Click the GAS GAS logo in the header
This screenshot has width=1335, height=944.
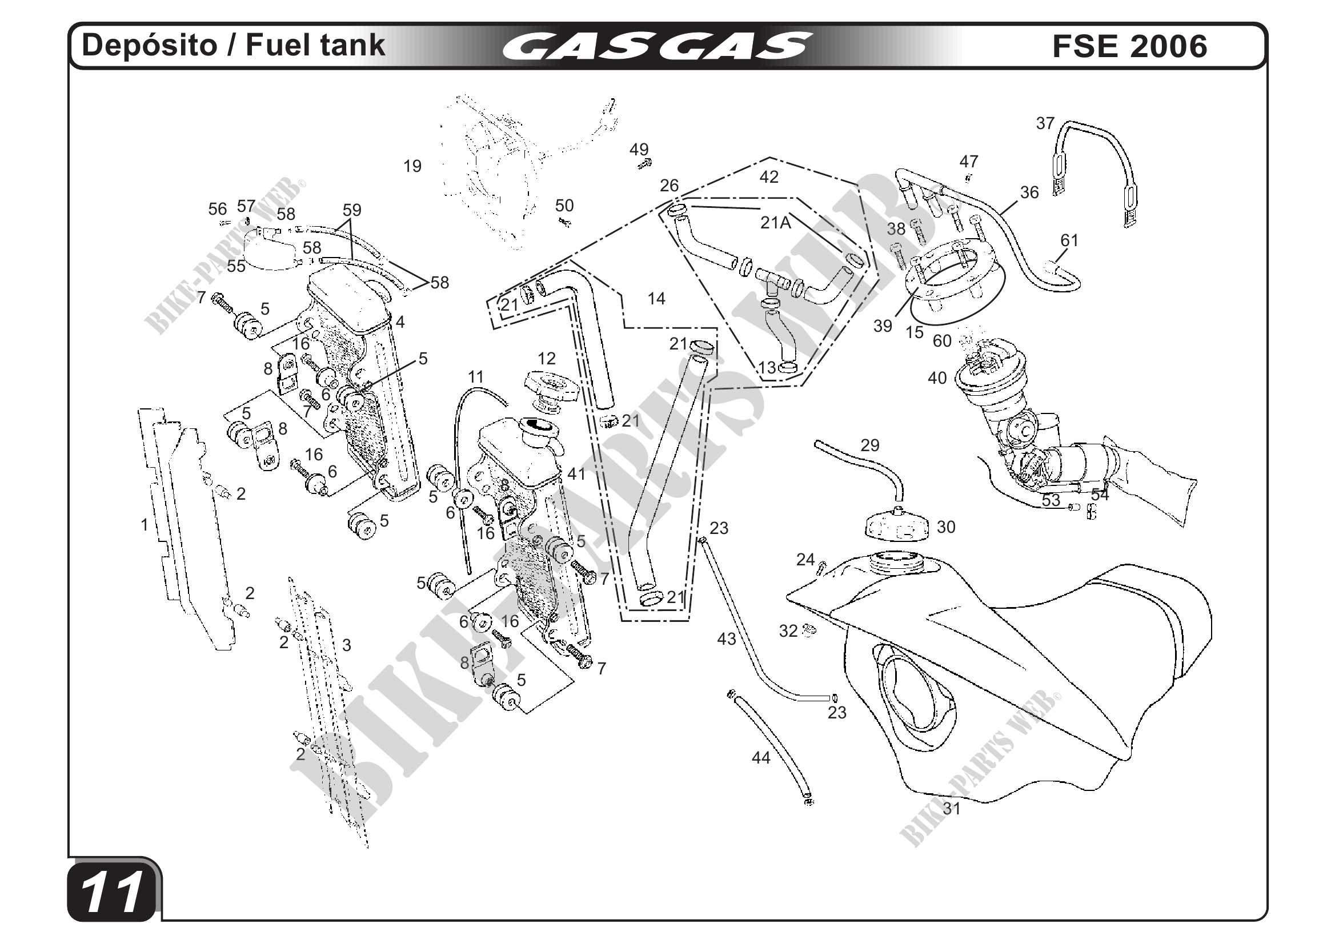coord(656,46)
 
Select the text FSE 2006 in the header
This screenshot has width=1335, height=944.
coord(1129,46)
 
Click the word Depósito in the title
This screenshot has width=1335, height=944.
coord(150,45)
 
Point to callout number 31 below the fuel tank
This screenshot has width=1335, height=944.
coord(952,809)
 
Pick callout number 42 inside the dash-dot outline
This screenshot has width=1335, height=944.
coord(769,176)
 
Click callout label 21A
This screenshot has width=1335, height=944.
coord(775,223)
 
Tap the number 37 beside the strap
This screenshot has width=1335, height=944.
coord(1045,124)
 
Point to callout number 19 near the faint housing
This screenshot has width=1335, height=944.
coord(412,167)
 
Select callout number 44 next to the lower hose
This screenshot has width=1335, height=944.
coord(761,758)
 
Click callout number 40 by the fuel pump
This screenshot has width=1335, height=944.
coord(937,379)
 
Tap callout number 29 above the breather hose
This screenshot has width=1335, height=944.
coord(870,445)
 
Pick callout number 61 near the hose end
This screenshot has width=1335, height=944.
coord(1069,240)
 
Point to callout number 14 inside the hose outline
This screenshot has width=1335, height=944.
coord(656,299)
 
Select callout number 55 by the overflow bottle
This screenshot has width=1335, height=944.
coord(236,266)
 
